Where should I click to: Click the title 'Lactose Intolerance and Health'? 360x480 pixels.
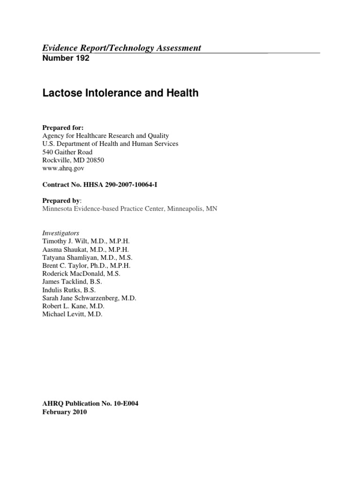click(120, 93)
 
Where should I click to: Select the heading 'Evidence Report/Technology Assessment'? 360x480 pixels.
click(122, 47)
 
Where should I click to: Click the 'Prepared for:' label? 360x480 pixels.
click(63, 127)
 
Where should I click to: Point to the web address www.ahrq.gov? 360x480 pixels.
click(63, 168)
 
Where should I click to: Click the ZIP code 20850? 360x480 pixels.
click(94, 160)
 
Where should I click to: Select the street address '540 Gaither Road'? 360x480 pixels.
click(67, 152)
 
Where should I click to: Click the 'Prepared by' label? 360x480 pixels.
click(61, 200)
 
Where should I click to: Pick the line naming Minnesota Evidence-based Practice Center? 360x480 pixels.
click(130, 209)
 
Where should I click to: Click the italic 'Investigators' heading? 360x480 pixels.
click(60, 233)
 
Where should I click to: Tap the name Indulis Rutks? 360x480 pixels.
click(60, 290)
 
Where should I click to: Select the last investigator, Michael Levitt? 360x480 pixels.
click(63, 314)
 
